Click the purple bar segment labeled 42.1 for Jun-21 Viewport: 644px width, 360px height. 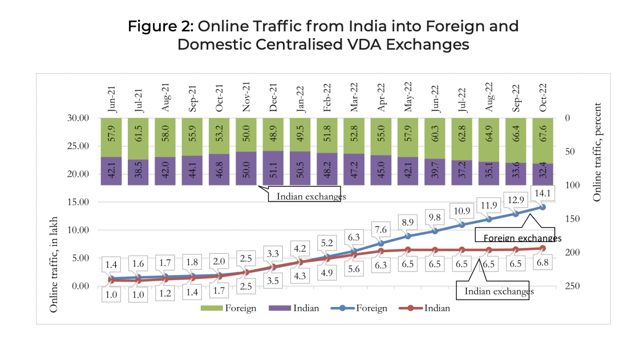pos(112,171)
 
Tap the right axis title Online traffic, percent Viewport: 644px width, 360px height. pos(597,152)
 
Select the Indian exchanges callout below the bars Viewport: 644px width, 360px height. pos(311,196)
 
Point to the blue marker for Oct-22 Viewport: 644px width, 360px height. pos(543,207)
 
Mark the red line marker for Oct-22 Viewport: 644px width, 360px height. pos(543,248)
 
